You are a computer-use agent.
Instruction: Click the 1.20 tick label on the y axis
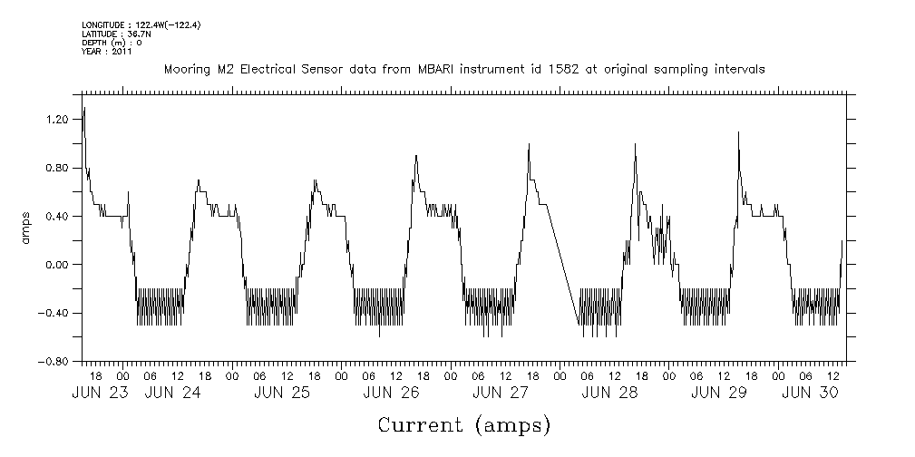point(57,120)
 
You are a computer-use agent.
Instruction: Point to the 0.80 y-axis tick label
point(57,168)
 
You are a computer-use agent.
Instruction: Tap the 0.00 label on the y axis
point(57,265)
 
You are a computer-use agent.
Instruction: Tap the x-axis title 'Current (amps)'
point(463,424)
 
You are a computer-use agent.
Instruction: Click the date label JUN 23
point(101,393)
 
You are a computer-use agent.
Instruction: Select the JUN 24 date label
point(172,393)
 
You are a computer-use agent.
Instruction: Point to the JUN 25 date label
point(282,393)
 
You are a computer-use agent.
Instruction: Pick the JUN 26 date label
point(391,393)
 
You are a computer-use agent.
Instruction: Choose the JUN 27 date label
point(500,393)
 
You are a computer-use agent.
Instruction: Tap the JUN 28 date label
point(608,393)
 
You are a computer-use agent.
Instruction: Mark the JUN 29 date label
point(718,393)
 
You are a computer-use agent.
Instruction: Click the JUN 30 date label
point(809,393)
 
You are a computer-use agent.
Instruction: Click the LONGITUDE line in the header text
point(141,24)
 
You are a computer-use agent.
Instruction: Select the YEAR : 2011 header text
point(107,52)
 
